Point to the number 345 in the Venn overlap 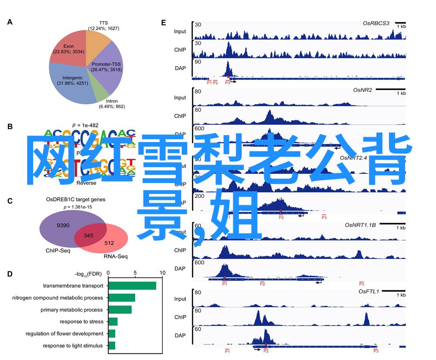[89, 236]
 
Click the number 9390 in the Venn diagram [63, 225]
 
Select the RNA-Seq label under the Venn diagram [116, 257]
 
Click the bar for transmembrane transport [132, 286]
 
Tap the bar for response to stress [113, 322]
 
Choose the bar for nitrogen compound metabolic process [122, 298]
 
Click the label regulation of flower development [64, 334]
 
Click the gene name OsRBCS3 [376, 23]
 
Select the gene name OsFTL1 [369, 291]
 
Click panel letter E [163, 22]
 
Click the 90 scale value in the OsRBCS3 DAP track [198, 62]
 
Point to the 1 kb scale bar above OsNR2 [390, 89]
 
